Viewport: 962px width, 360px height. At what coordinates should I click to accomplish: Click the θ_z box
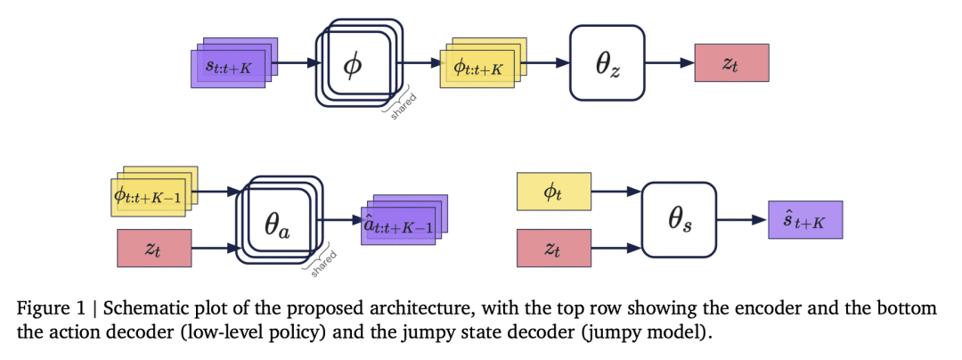[607, 63]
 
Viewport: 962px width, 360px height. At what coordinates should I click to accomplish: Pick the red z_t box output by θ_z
[730, 63]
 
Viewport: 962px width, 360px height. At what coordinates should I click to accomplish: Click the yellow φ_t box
[553, 192]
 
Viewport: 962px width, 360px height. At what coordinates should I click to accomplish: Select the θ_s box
[679, 219]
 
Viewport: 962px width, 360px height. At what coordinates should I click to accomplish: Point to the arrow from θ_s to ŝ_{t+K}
[741, 219]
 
